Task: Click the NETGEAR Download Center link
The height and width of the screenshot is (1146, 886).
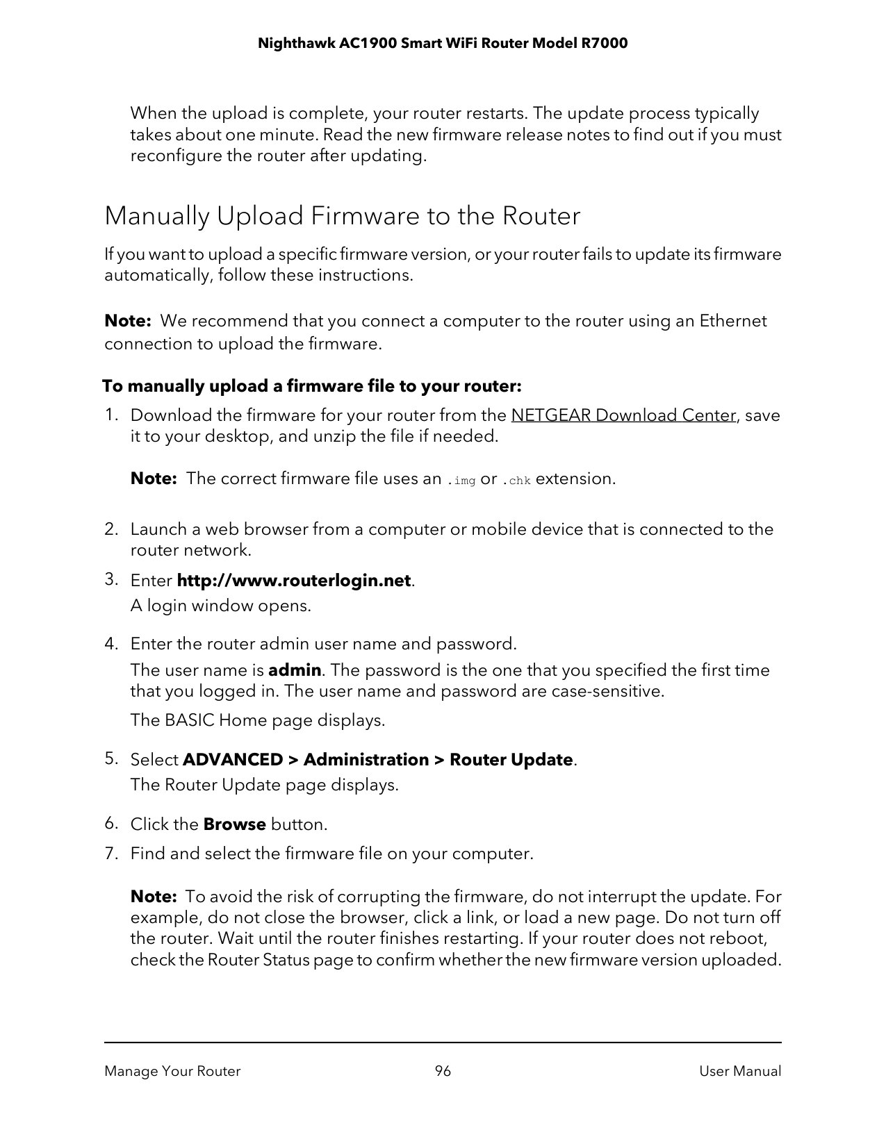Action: (623, 415)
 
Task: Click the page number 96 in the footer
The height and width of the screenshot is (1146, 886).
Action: (443, 1071)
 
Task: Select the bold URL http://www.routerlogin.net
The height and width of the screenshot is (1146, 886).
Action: (295, 581)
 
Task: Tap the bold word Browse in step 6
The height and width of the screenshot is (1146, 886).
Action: (234, 824)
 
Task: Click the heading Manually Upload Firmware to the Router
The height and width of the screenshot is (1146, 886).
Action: (342, 216)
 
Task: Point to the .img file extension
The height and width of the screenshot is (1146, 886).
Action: (461, 480)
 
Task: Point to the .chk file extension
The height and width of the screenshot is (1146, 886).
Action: (516, 480)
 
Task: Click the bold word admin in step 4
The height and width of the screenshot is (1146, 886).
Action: (295, 670)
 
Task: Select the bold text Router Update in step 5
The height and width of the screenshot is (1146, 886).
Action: (511, 760)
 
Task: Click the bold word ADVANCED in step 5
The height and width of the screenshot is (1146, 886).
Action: (232, 760)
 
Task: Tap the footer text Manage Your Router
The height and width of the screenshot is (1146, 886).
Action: (172, 1071)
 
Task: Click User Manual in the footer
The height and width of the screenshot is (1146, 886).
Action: (740, 1071)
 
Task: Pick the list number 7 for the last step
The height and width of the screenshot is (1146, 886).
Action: (109, 854)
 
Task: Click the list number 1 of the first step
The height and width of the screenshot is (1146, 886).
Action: (109, 415)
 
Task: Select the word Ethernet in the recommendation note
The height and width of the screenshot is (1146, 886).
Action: (732, 321)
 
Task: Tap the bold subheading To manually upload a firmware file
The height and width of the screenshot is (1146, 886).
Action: (312, 385)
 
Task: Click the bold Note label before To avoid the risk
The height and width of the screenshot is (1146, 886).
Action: (154, 897)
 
